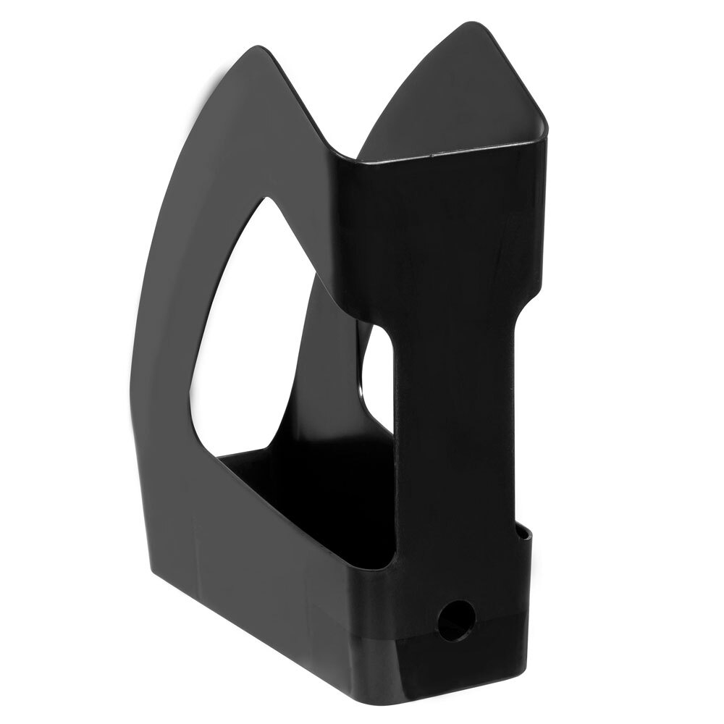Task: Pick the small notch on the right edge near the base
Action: pyautogui.click(x=523, y=534)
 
